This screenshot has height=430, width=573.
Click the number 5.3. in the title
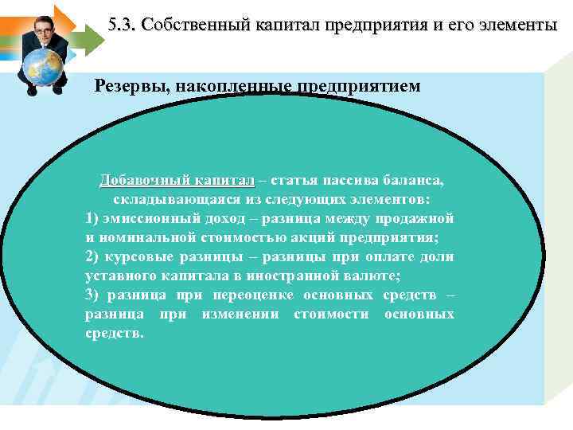click(123, 25)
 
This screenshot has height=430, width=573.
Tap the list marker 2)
click(92, 256)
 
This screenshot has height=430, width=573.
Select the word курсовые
click(139, 256)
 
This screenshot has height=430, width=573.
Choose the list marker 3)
click(92, 295)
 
